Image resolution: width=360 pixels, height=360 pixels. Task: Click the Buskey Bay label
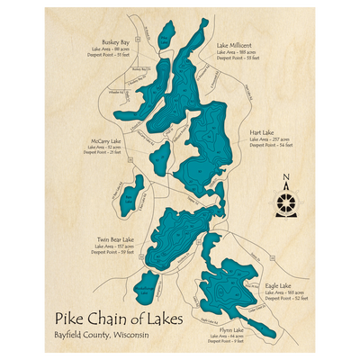[x=115, y=41]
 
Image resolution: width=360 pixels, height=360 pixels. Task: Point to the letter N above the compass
[x=286, y=177]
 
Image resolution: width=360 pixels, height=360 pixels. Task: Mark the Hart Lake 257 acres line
[x=271, y=139]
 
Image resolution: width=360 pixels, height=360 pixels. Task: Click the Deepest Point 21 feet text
[x=102, y=153]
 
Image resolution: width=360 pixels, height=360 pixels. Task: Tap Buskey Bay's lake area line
[x=114, y=49]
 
